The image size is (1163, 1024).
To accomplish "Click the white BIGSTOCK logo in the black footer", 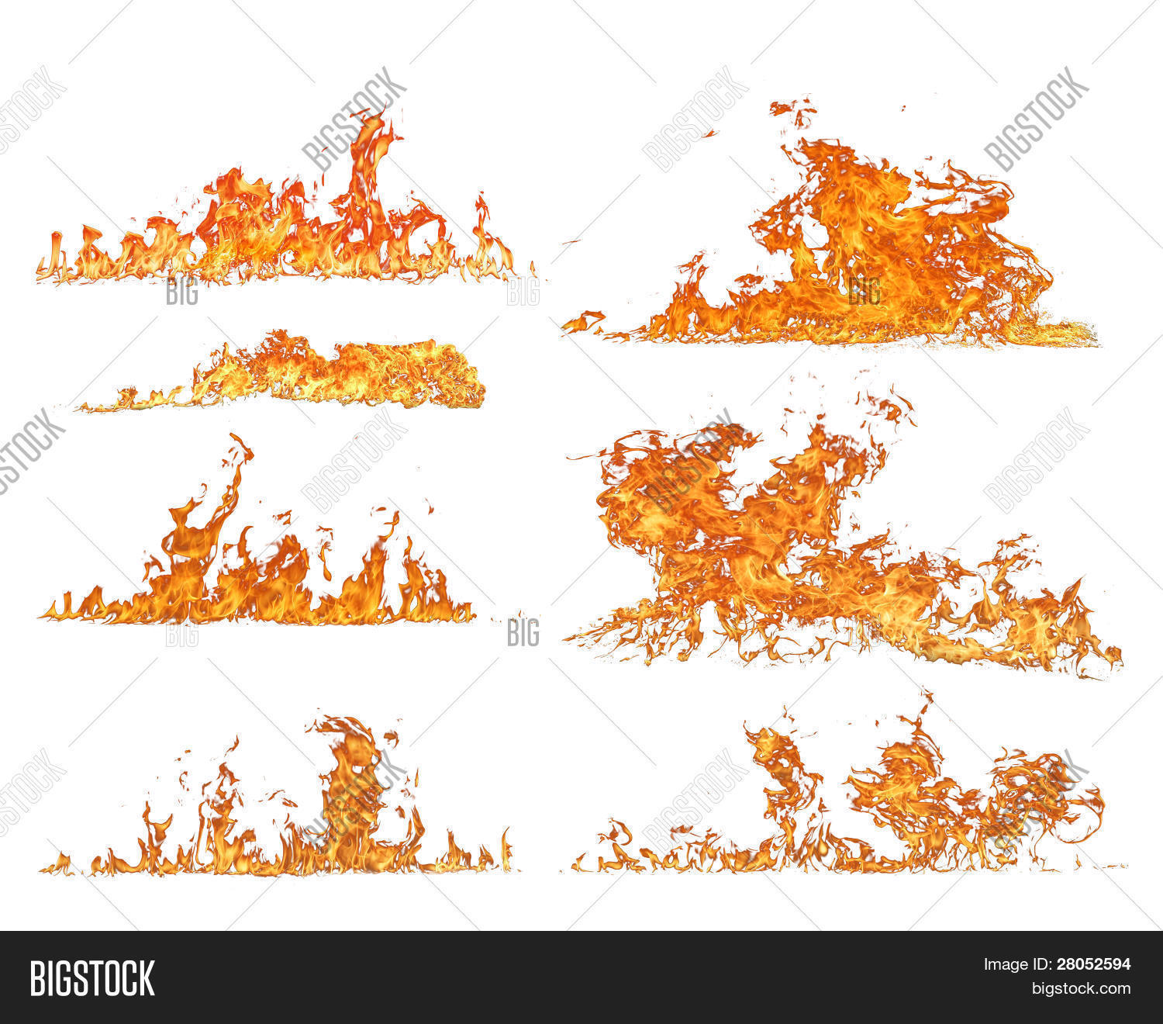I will coord(91,977).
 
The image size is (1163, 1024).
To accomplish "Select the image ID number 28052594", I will coord(1093,965).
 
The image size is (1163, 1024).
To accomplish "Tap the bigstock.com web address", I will coord(1080,989).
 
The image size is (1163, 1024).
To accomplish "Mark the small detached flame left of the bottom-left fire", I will coord(57,863).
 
